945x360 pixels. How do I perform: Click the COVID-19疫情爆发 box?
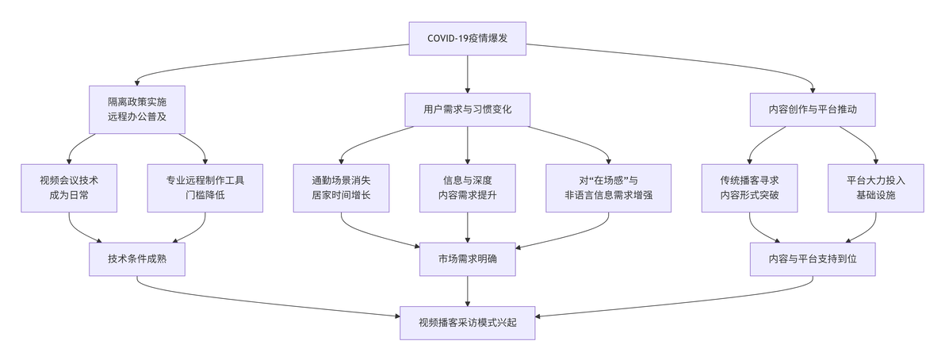[468, 39]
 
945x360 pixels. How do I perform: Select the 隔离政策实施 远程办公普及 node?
[137, 109]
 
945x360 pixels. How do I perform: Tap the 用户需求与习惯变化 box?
[468, 109]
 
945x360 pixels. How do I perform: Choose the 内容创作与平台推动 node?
[813, 109]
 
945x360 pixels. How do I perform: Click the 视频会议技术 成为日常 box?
[69, 188]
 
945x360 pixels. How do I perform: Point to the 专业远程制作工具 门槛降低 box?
[205, 188]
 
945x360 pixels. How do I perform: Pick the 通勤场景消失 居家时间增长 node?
[342, 188]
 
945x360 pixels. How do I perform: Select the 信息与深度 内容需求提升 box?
[468, 188]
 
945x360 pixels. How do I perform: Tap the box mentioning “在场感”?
[609, 188]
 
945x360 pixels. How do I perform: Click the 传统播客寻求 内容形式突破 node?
[750, 188]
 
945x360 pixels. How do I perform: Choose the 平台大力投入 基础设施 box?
[876, 188]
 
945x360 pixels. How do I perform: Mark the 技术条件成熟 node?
[137, 259]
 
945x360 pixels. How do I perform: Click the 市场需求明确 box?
[468, 259]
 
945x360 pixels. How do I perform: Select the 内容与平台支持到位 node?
[813, 259]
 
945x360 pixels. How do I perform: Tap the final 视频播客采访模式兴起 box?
[468, 323]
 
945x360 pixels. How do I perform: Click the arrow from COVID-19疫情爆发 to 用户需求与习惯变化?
[468, 75]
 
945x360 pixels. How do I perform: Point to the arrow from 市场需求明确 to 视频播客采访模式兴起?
[468, 291]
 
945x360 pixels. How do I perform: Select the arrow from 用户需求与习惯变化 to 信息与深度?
[468, 145]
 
